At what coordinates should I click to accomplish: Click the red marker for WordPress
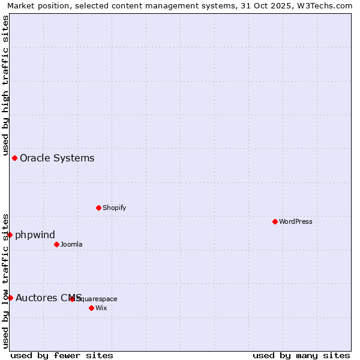coord(275,221)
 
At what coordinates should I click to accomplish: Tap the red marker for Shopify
coord(98,208)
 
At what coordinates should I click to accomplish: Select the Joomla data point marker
coord(56,244)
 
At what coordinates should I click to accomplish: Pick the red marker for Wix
coord(91,308)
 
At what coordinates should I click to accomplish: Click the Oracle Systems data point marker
coord(15,158)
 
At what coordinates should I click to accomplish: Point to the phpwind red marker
coord(10,235)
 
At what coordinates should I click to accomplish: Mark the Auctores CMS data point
coord(10,298)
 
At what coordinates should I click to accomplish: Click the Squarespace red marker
coord(72,299)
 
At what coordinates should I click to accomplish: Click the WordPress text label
coord(296,221)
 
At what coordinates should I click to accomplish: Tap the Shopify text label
coord(114,208)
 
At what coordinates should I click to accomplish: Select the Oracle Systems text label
coord(57,158)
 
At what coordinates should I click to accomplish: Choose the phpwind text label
coord(35,235)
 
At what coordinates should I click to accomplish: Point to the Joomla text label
coord(71,244)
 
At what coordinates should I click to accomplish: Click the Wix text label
coord(101,308)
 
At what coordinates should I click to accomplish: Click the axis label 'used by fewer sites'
coord(62,355)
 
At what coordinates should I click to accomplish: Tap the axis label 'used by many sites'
coord(301,355)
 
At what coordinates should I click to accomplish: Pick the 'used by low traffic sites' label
coord(5,280)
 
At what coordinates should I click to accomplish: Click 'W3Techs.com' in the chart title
coord(325,5)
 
